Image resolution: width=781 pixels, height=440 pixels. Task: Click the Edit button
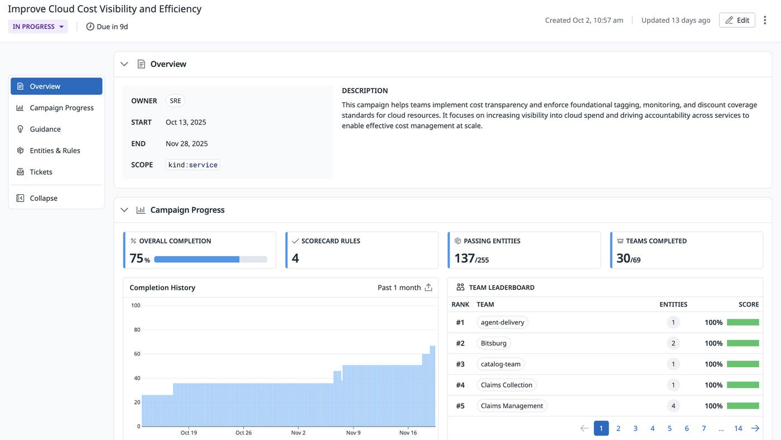736,20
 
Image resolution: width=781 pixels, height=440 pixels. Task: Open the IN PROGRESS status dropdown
38,26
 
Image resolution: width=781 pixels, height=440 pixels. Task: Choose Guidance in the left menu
45,129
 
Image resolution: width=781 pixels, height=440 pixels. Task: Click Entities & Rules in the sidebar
55,151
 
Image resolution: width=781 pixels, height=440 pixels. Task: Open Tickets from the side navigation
41,172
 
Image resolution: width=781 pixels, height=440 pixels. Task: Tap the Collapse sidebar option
44,198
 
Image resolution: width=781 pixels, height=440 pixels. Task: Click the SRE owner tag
175,101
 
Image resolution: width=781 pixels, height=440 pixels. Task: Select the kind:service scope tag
192,165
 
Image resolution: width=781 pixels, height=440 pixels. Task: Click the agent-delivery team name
502,322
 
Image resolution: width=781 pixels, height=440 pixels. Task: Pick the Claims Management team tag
512,406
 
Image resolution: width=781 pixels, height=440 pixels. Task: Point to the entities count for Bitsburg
673,343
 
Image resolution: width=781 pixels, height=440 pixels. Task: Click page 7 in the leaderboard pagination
703,428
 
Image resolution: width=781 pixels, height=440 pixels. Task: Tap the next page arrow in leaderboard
755,428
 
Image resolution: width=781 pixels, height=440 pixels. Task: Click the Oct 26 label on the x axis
243,433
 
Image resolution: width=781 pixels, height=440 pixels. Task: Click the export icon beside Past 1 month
428,288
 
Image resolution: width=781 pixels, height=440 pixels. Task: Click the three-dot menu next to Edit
765,20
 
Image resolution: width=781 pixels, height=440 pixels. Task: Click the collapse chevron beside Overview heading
124,64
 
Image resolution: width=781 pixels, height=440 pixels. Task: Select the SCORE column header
748,304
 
